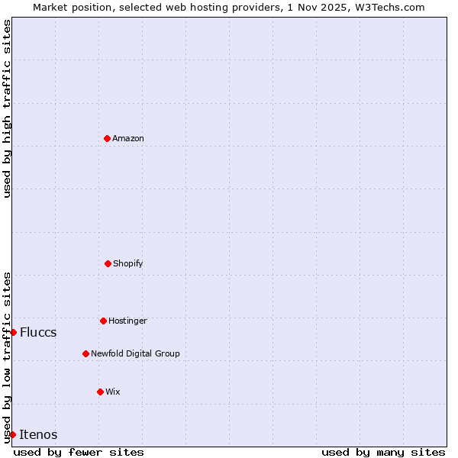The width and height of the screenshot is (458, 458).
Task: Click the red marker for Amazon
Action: (x=107, y=138)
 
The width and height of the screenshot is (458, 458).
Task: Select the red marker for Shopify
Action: (x=108, y=263)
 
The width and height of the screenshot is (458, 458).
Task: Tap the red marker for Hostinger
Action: (x=103, y=321)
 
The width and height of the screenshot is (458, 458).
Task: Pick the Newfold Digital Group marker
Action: (x=85, y=353)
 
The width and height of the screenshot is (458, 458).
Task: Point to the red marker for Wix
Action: (x=100, y=392)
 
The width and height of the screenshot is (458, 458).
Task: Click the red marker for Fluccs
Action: (x=13, y=332)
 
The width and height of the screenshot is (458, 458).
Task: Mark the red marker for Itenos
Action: (x=12, y=434)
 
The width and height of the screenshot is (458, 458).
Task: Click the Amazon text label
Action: (x=128, y=138)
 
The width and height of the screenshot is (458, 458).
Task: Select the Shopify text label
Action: (x=128, y=263)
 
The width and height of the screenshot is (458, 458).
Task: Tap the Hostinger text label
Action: (x=127, y=321)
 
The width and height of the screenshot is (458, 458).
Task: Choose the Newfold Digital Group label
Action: (x=135, y=353)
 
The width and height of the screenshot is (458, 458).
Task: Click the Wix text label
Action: (x=113, y=392)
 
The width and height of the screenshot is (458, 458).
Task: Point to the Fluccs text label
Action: (x=38, y=332)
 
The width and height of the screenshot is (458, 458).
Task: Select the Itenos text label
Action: (x=38, y=434)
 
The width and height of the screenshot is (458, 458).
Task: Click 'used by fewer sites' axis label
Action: (x=79, y=452)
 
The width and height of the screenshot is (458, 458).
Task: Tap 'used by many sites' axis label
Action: (x=383, y=452)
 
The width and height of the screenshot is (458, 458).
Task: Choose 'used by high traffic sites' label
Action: (x=7, y=108)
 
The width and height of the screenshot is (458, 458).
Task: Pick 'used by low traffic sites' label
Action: (x=7, y=357)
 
